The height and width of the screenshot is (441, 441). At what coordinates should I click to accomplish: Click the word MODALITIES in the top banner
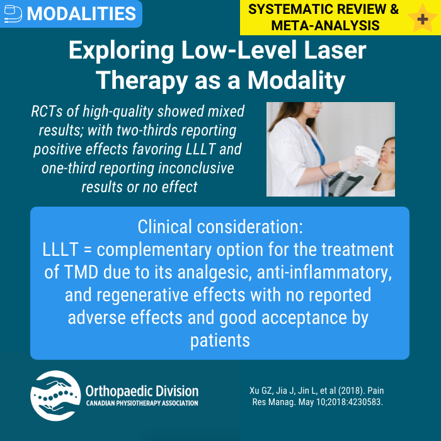pos(82,13)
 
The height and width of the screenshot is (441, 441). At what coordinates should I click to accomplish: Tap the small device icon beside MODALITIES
pos(13,13)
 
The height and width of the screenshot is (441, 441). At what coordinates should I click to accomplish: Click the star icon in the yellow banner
pos(418,17)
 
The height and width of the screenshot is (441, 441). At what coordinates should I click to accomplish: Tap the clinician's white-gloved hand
pos(348,165)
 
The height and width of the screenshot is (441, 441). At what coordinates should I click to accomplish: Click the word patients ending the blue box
pos(220,340)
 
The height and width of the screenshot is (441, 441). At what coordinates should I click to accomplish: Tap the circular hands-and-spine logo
pos(55,396)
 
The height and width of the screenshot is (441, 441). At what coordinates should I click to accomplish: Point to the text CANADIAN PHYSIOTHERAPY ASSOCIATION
pos(142,403)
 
